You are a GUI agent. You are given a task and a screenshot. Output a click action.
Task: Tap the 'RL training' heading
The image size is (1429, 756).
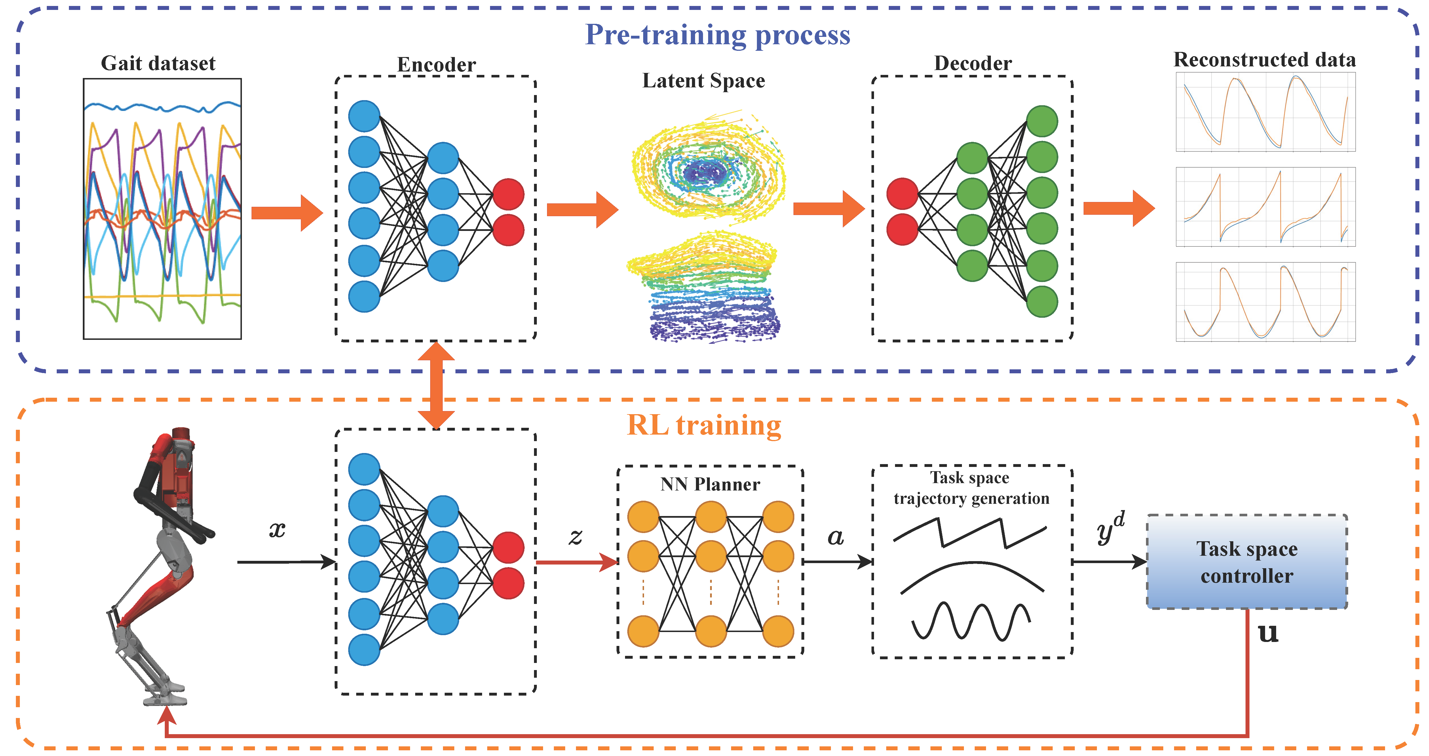(x=703, y=426)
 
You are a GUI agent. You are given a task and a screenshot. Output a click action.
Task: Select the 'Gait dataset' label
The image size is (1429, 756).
(x=158, y=63)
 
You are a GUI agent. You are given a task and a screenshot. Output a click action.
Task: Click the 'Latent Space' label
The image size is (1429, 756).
(x=703, y=81)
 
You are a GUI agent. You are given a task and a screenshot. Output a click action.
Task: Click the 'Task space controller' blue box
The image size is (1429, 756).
(x=1246, y=562)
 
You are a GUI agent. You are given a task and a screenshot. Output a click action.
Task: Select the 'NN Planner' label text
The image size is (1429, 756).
(x=710, y=485)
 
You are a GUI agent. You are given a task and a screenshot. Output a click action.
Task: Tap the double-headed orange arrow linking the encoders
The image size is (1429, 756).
(x=436, y=385)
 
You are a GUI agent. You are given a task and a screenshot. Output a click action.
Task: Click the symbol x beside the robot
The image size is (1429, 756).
(x=277, y=530)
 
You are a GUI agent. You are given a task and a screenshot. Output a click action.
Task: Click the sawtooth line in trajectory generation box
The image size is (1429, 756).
(x=970, y=532)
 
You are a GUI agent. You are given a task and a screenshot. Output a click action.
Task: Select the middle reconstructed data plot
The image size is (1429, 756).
(x=1265, y=207)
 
